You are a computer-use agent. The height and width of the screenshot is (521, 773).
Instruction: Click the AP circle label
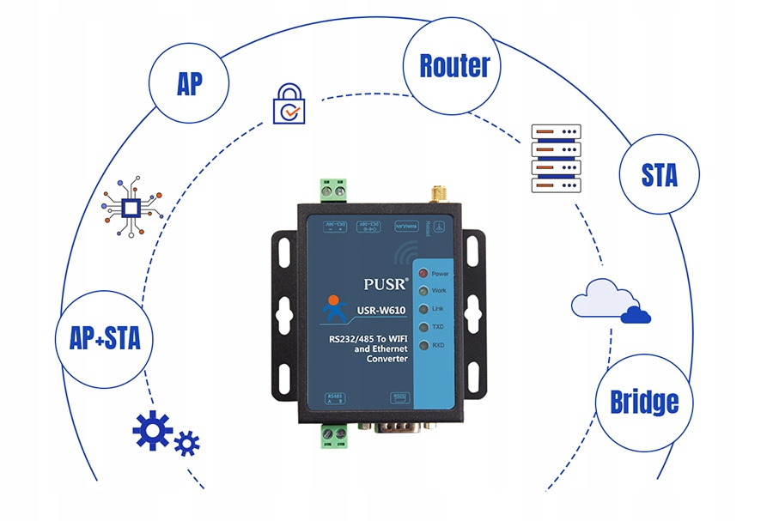[189, 84]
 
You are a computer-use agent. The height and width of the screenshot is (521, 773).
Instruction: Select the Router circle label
[454, 65]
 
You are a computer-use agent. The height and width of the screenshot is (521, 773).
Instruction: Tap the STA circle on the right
[659, 174]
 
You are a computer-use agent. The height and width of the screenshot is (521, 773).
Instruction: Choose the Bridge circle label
[644, 402]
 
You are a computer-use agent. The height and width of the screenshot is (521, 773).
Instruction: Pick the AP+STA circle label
[104, 338]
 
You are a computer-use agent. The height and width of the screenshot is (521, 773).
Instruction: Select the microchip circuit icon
[131, 207]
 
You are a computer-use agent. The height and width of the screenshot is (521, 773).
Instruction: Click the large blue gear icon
[152, 430]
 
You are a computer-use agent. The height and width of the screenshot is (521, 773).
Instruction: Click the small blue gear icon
[186, 444]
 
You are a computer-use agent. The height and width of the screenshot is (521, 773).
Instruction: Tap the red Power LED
[423, 274]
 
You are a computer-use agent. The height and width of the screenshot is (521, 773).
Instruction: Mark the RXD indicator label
[439, 345]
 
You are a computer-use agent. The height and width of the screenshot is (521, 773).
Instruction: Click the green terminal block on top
[334, 190]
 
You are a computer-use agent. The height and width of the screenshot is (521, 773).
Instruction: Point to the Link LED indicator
[423, 309]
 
